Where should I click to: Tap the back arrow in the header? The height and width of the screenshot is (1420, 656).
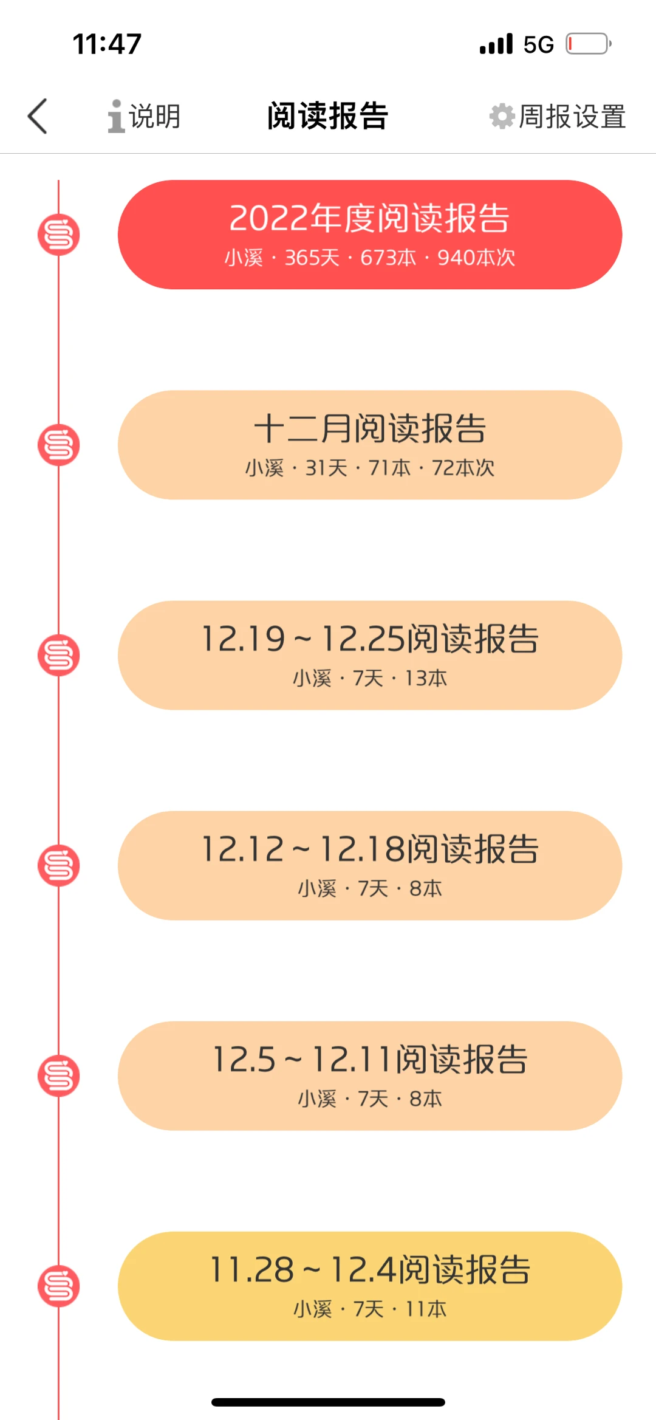37,115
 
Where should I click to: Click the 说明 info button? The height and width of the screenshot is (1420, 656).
144,116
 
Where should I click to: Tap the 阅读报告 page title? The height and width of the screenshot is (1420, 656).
328,116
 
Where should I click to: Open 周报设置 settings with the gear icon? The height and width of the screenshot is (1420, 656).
558,116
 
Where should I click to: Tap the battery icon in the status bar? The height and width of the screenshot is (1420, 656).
589,44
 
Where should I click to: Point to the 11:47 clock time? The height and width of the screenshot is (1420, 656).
107,44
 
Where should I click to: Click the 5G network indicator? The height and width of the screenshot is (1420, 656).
539,44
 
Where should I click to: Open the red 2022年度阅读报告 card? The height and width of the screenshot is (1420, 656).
370,235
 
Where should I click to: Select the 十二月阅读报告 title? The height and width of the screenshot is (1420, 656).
370,428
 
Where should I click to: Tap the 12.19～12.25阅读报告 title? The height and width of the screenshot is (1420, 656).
370,639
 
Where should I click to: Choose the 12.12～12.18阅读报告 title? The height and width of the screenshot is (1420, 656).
370,849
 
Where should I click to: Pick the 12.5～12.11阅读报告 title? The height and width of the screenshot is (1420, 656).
370,1059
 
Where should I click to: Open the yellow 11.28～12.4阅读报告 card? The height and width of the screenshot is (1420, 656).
370,1286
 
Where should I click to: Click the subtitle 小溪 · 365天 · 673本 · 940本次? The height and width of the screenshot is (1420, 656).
370,258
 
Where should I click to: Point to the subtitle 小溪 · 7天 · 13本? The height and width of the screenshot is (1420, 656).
370,678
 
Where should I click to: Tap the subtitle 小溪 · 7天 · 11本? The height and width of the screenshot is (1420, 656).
370,1309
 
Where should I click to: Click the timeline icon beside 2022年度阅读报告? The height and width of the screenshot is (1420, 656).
59,235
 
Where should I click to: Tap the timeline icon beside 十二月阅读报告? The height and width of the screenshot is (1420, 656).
59,445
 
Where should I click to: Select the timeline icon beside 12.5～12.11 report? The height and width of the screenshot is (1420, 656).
59,1076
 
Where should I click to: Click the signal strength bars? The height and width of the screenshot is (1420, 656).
496,44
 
